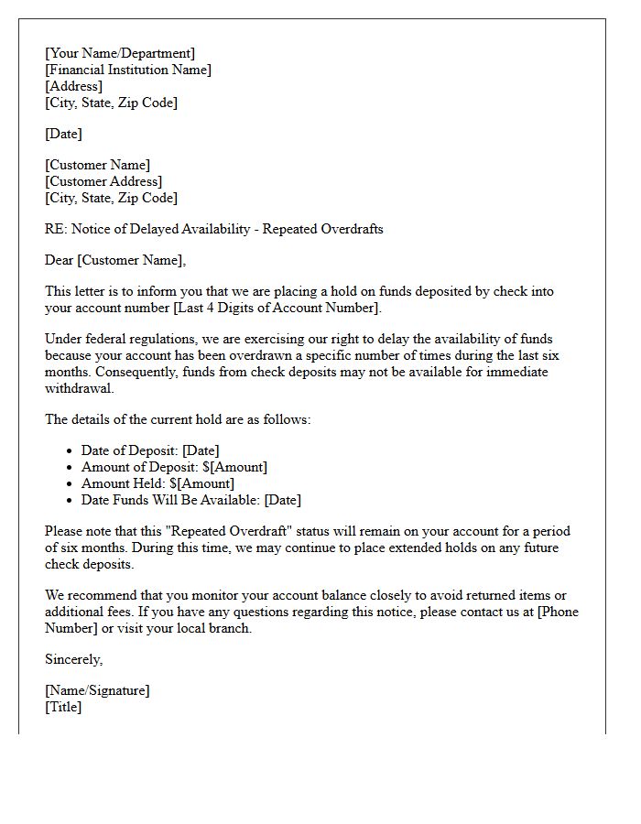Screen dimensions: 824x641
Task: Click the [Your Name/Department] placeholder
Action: (x=120, y=53)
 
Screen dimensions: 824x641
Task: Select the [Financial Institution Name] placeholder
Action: (x=128, y=70)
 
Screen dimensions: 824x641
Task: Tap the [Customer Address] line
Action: (x=103, y=181)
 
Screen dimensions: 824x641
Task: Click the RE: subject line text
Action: (x=213, y=229)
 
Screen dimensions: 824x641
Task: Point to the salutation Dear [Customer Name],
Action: (x=115, y=260)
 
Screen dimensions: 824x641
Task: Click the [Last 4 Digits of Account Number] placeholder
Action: (x=276, y=308)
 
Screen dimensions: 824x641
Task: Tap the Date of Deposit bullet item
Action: (x=150, y=450)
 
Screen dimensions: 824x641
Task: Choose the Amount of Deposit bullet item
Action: (x=174, y=467)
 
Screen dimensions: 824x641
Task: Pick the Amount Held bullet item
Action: (x=158, y=483)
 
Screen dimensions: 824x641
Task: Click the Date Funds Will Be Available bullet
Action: (x=190, y=500)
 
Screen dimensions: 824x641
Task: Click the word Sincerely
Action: (x=73, y=659)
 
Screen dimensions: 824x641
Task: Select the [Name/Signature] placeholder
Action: (x=97, y=690)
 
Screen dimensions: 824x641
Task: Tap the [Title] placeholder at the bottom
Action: (x=63, y=707)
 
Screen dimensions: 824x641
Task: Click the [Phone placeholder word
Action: (x=558, y=612)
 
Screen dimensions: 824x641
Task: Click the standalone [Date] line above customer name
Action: (x=63, y=134)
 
